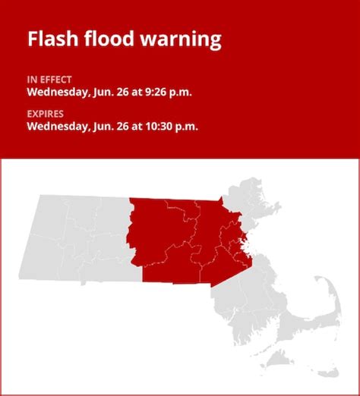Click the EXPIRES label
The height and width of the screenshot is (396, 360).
(44, 115)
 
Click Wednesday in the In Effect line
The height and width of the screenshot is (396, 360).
(57, 93)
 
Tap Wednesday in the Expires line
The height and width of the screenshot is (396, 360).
(57, 127)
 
